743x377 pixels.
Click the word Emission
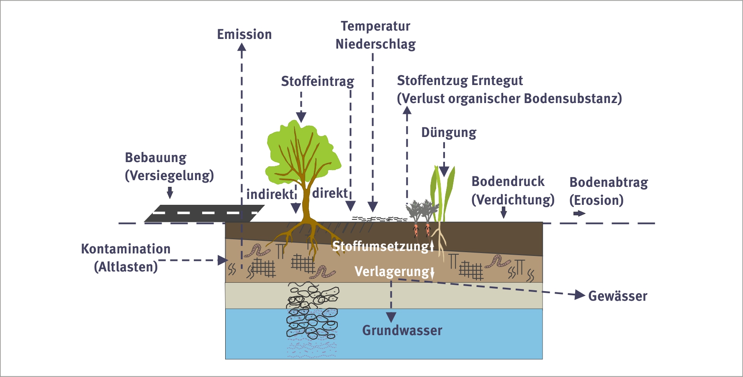244,34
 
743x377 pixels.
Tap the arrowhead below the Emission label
242,47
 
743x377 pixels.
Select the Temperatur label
375,26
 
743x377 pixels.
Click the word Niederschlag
375,44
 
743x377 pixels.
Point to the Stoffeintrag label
317,81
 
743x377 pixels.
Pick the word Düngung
448,132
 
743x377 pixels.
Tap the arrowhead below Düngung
444,171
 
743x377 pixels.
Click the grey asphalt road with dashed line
204,213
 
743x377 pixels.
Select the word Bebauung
156,158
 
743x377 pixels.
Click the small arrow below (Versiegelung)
170,193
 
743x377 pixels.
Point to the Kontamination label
126,249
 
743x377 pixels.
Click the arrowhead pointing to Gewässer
580,295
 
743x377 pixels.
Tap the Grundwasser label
402,331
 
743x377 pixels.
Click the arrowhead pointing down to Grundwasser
391,317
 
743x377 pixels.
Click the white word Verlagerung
392,271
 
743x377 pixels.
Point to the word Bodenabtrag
609,182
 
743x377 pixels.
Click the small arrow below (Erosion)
580,214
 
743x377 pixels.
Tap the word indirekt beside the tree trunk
270,194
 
